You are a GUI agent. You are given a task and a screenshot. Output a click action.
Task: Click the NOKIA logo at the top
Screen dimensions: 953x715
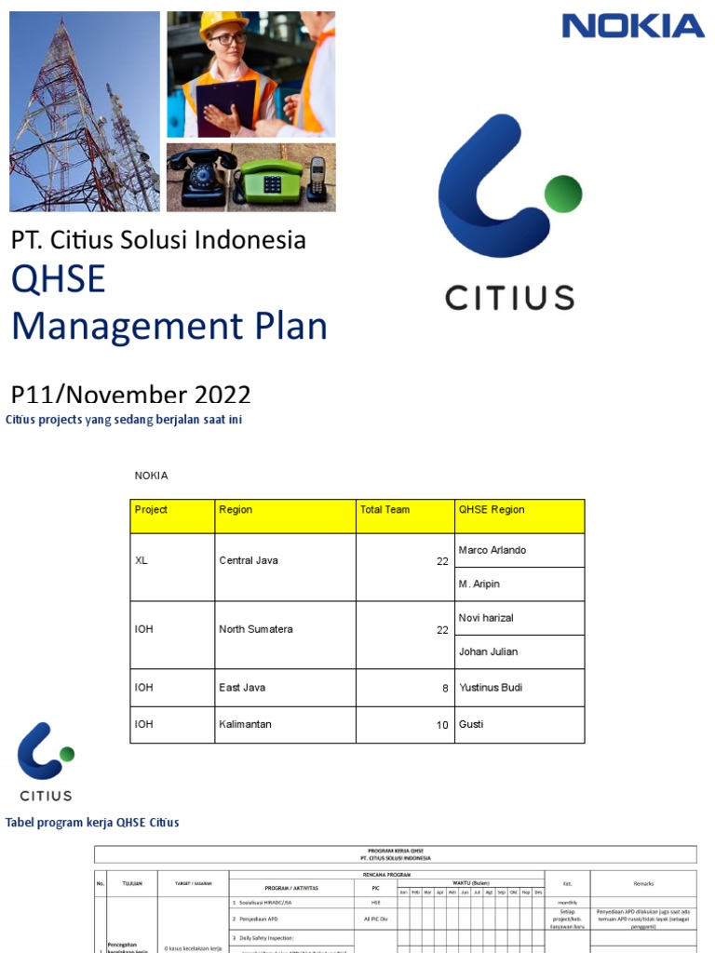[x=632, y=26]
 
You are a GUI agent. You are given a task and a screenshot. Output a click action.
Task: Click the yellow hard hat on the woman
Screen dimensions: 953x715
[x=223, y=23]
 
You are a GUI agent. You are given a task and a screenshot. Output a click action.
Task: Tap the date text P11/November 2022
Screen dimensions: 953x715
[x=130, y=395]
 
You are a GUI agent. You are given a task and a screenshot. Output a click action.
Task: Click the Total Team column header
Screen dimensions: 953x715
[x=384, y=510]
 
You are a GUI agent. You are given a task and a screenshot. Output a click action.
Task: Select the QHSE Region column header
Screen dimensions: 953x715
[x=492, y=510]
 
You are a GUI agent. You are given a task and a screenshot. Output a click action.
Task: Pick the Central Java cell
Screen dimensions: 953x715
[x=249, y=560]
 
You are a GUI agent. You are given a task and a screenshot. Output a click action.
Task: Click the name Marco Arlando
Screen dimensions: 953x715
[x=492, y=550]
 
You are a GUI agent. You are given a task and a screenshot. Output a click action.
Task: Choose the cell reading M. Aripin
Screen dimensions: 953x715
[x=479, y=584]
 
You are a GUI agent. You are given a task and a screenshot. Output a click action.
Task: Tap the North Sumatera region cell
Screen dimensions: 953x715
[x=256, y=629]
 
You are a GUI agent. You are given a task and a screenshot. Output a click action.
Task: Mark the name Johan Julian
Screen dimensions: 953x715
[x=489, y=651]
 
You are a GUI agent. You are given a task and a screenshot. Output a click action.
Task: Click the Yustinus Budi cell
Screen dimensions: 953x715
[x=491, y=688]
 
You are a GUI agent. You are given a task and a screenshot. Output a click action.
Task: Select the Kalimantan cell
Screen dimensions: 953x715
[x=246, y=724]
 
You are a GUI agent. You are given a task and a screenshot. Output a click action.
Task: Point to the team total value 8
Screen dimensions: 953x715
[x=445, y=689]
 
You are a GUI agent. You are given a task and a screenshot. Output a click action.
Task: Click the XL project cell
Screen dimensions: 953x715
[x=142, y=560]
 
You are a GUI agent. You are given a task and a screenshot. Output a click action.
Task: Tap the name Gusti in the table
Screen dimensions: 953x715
[x=472, y=724]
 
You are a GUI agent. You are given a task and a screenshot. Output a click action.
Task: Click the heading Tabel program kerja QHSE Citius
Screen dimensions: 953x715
[x=93, y=823]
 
